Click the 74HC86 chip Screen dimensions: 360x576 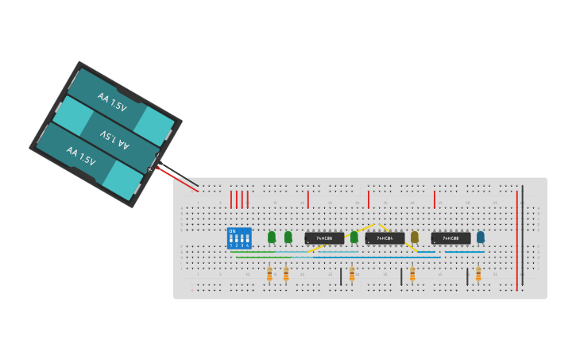click(324, 238)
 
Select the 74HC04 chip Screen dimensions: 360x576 click(385, 238)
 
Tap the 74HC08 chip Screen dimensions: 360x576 click(450, 238)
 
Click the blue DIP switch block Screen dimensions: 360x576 click(239, 238)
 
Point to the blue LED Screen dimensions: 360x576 click(481, 237)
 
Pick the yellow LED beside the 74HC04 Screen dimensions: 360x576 click(414, 237)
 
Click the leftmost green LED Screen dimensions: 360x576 click(272, 237)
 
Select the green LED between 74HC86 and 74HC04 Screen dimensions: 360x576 click(354, 237)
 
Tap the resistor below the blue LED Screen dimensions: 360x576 click(478, 274)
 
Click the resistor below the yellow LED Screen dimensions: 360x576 click(412, 274)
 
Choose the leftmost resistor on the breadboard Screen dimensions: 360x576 click(269, 274)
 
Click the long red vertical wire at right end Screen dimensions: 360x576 click(517, 238)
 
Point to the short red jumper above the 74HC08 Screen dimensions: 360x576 click(435, 199)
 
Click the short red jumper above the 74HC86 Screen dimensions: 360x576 click(308, 199)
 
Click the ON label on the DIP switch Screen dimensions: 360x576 click(232, 231)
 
